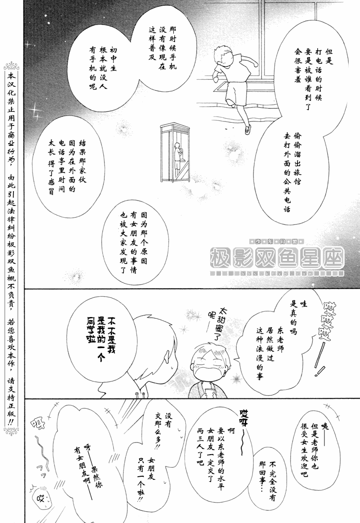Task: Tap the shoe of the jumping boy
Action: (x=247, y=130)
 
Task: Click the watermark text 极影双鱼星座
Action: (x=277, y=257)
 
